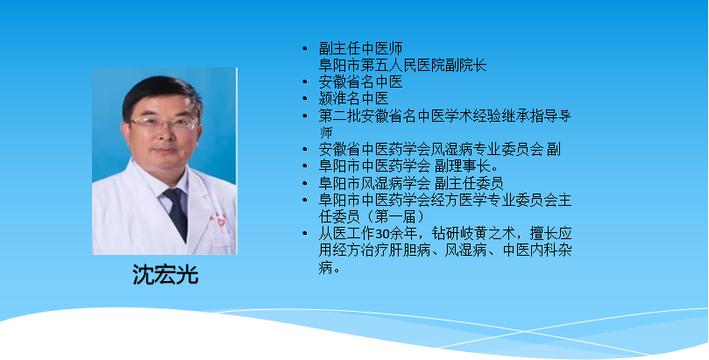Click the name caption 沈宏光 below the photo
click(166, 274)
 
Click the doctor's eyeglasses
click(165, 123)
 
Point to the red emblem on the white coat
click(222, 222)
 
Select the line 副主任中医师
click(361, 48)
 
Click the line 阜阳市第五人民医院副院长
click(403, 66)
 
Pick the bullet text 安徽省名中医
click(361, 82)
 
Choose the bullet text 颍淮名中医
click(353, 99)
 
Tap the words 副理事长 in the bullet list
click(466, 166)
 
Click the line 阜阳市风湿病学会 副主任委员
click(411, 183)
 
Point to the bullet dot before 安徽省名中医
click(305, 82)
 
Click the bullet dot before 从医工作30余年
click(305, 234)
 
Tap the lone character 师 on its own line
click(326, 133)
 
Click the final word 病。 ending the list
click(330, 268)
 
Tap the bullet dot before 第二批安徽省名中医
click(305, 116)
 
